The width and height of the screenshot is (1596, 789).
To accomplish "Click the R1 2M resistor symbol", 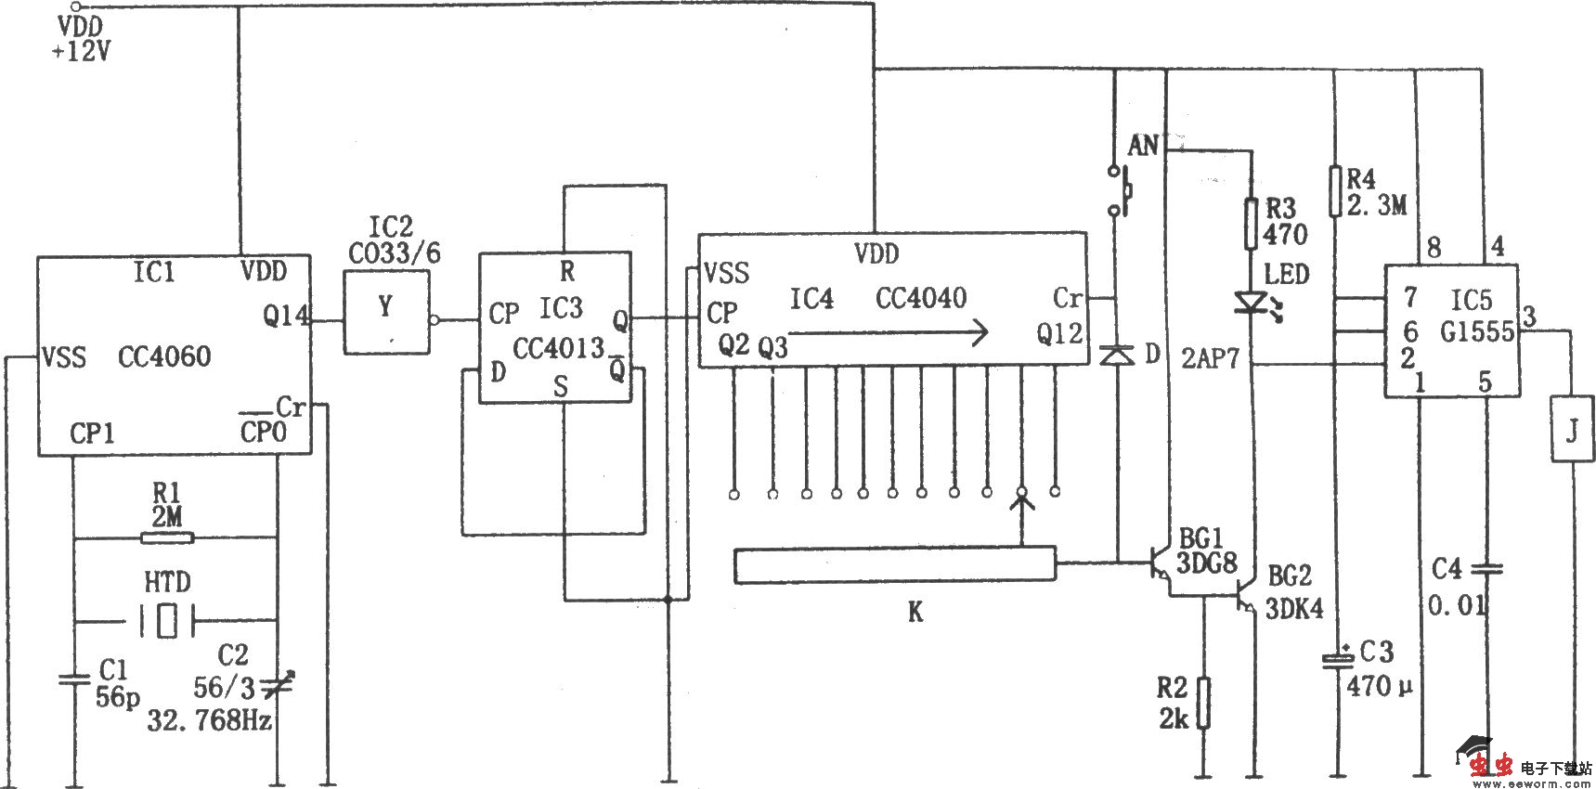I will (x=166, y=537).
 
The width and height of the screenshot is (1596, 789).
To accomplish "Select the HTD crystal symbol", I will (x=166, y=620).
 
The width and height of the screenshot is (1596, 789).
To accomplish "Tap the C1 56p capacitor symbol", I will (x=74, y=679).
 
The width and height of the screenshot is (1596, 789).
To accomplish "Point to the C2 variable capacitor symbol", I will (x=278, y=687).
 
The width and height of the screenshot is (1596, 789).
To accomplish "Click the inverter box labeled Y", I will (x=386, y=312).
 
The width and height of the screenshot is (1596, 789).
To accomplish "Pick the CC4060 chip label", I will (x=164, y=356).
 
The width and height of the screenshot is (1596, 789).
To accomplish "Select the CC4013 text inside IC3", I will (x=559, y=349).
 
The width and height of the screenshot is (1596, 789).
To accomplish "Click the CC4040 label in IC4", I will (x=921, y=298).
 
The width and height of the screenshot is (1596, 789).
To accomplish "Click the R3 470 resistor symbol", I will (x=1252, y=224).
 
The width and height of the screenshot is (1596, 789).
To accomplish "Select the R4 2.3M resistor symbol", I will (x=1335, y=191).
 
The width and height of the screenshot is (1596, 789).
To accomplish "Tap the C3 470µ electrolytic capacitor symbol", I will (x=1337, y=660).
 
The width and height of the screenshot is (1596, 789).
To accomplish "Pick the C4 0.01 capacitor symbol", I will (x=1486, y=568).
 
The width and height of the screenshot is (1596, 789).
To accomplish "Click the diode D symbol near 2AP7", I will (x=1116, y=355).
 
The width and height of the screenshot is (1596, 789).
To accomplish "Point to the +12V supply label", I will (x=82, y=52).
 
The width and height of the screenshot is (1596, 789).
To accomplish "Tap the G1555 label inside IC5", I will (x=1477, y=331).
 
